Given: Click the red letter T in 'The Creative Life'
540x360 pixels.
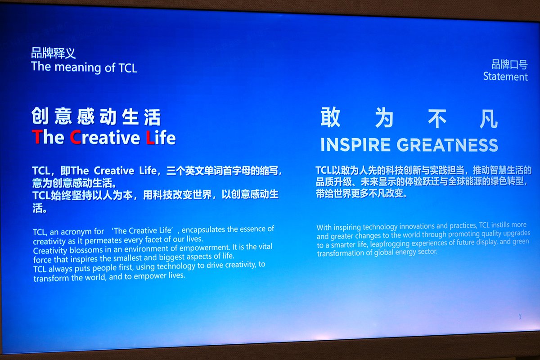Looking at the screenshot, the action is (x=36, y=137).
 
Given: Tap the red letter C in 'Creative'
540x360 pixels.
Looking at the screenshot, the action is (x=75, y=137).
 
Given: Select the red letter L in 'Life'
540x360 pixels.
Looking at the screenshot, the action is (x=150, y=138).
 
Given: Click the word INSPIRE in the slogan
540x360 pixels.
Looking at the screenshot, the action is (x=355, y=145).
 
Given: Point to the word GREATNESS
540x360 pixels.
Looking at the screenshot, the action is (x=447, y=145).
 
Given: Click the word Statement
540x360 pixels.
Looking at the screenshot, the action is (x=505, y=76).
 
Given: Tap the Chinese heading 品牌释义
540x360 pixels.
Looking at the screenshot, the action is (x=53, y=53).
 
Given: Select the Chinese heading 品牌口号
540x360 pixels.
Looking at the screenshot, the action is (x=509, y=64).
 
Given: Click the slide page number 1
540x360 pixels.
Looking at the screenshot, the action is (x=520, y=317).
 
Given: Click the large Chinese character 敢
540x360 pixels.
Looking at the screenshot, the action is (x=330, y=117).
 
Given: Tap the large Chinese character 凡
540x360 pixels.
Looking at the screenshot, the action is (x=488, y=118).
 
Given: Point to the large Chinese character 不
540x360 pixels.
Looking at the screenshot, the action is (x=437, y=118).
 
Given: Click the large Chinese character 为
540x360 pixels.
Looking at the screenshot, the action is (x=384, y=117).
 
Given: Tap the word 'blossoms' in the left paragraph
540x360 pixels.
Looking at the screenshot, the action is (x=82, y=250).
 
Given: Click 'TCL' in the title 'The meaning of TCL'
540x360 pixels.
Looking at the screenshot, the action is (x=128, y=68).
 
